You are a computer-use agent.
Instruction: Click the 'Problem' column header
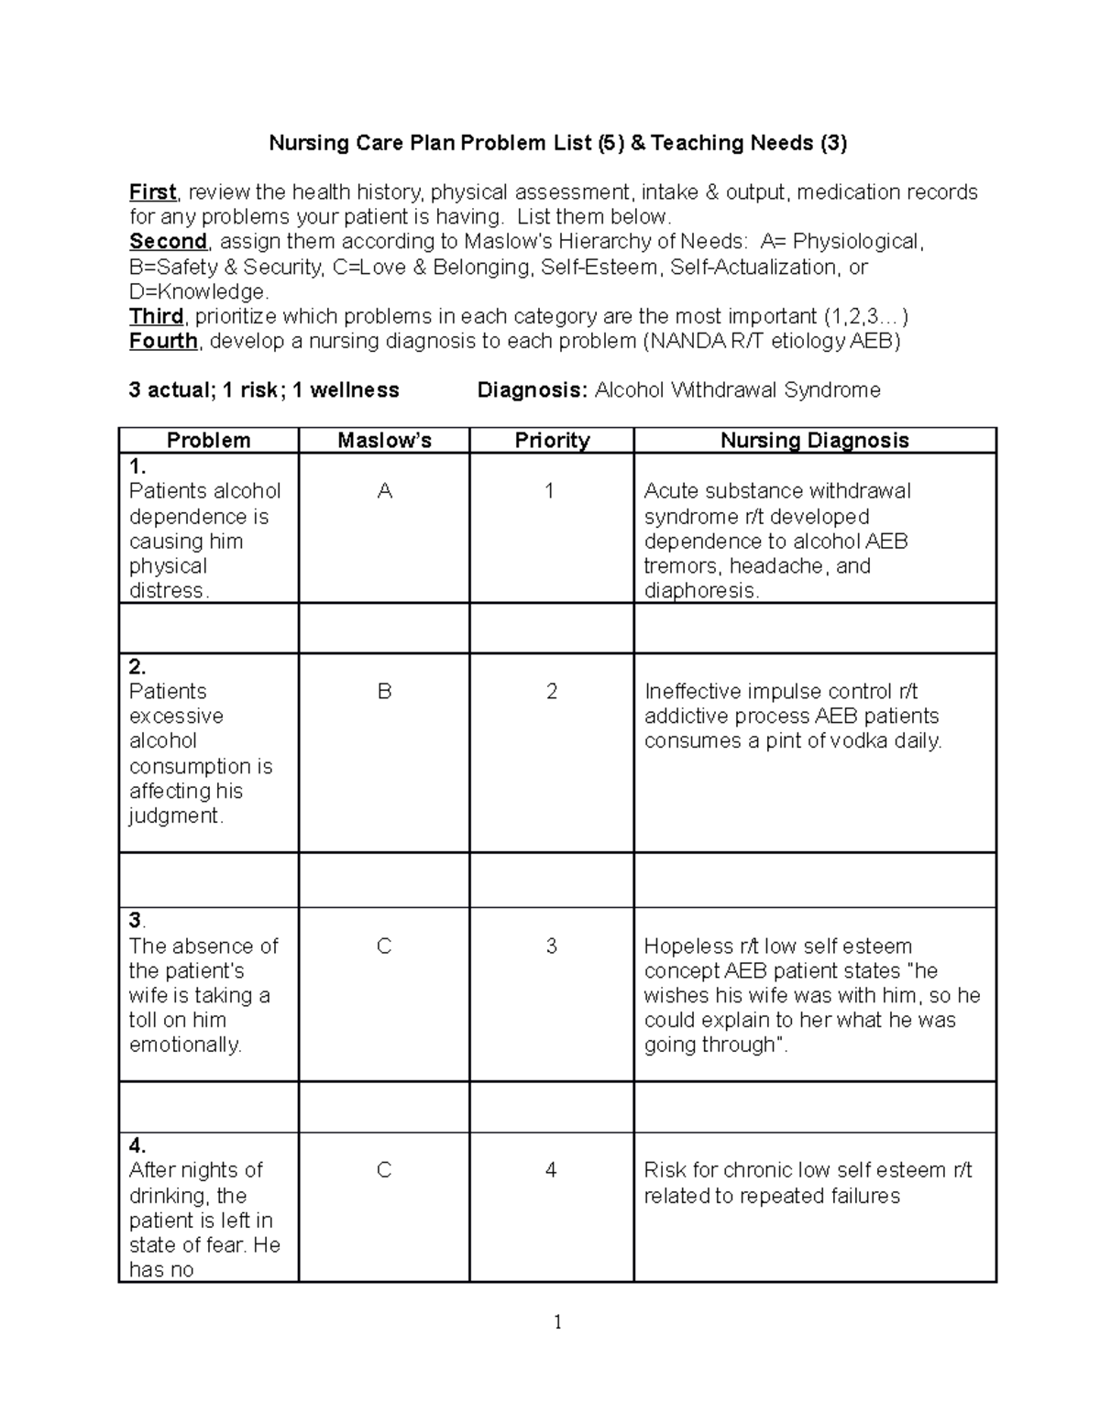(208, 441)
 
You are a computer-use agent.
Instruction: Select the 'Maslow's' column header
(384, 441)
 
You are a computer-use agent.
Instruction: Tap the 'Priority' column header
(552, 441)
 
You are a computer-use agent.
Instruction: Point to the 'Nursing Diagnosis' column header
(814, 441)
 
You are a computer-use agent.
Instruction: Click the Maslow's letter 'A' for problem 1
(384, 491)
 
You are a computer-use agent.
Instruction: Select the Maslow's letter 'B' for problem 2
(384, 692)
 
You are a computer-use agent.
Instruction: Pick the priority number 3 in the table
(551, 947)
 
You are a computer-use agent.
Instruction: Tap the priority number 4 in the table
(551, 1170)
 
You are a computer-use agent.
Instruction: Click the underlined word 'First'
(152, 192)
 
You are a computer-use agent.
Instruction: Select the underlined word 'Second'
(168, 242)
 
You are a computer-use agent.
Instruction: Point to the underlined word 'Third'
(156, 317)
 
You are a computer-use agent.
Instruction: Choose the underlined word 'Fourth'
(163, 342)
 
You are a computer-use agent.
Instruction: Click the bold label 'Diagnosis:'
(532, 391)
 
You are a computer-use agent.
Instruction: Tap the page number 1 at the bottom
(557, 1322)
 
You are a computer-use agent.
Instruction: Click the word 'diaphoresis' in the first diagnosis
(699, 591)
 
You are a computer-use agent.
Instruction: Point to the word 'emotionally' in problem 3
(184, 1045)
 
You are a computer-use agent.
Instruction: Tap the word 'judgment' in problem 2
(174, 816)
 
